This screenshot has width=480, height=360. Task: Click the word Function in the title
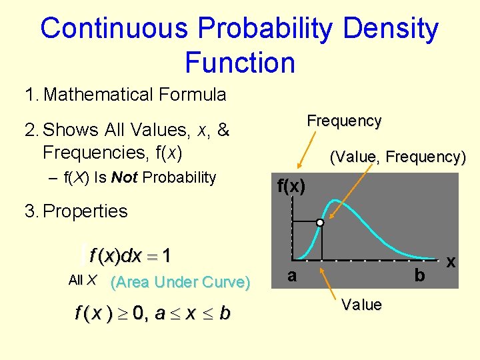[239, 63]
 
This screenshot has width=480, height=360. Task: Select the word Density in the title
[387, 29]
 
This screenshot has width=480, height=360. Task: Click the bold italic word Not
[125, 177]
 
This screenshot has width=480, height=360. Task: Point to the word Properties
[85, 211]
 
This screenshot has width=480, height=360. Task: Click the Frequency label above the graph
[344, 121]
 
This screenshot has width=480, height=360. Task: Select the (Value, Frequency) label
[398, 157]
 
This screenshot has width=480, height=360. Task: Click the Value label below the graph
[361, 305]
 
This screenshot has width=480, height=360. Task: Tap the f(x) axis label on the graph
[291, 187]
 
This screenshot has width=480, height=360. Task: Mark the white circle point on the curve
[321, 223]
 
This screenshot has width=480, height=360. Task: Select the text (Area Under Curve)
[180, 282]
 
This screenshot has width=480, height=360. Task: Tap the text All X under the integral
[83, 281]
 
